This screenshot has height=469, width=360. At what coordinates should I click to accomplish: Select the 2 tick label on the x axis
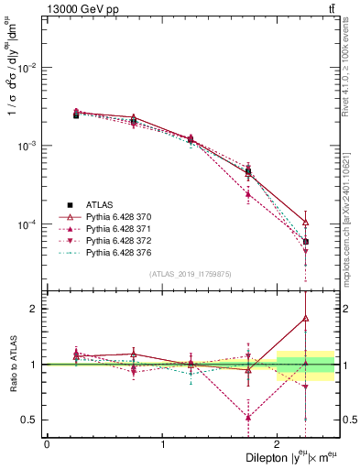coord(278,444)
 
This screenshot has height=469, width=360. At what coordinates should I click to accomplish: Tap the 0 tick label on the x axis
coord(47,444)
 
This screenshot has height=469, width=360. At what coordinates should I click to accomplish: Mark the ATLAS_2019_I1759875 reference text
coord(189,274)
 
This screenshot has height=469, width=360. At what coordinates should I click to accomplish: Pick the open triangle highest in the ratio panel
coord(306,319)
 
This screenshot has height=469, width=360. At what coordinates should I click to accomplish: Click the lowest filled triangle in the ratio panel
coord(248,418)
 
